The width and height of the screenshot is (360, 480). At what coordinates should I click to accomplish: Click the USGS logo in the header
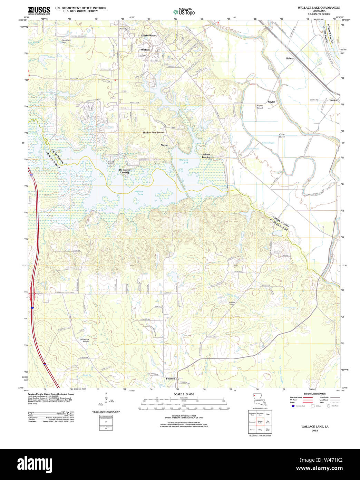tap(39, 10)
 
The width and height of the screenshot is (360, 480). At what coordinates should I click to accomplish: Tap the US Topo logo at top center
tap(184, 12)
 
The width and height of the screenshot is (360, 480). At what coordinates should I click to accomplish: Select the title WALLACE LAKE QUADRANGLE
tap(319, 8)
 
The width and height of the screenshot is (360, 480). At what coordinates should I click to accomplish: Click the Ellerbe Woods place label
tap(149, 36)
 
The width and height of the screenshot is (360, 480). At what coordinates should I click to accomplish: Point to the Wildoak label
tap(145, 50)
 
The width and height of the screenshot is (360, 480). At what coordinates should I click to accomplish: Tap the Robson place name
tap(290, 58)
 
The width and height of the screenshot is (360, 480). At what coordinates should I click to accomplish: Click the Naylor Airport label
tap(260, 107)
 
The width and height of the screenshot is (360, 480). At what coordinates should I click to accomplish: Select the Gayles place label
tap(333, 100)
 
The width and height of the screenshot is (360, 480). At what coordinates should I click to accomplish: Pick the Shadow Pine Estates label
tap(153, 133)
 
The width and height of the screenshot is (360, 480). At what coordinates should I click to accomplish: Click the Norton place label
tap(164, 145)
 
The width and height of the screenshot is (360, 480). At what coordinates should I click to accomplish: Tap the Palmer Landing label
tap(206, 156)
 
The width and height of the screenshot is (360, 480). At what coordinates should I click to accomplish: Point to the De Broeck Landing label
tap(124, 171)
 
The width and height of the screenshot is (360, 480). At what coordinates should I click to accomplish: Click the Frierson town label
tap(171, 378)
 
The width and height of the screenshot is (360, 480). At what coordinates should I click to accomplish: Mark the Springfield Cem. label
tap(66, 41)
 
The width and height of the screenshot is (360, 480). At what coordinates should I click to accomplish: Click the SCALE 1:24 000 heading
tap(184, 394)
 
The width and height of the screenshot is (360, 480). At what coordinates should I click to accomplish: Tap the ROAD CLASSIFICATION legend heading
tap(314, 394)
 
